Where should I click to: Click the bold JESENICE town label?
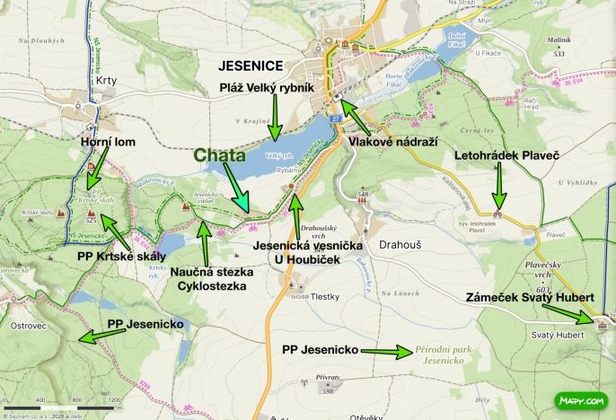[x=251, y=66]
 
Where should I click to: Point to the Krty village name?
[x=105, y=81]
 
